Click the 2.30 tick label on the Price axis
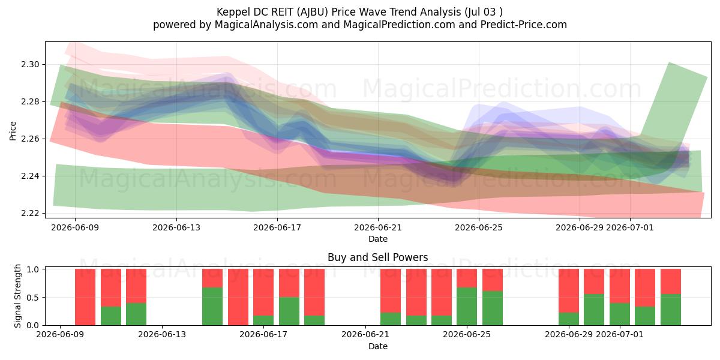(x=30, y=65)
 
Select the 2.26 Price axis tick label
(x=30, y=139)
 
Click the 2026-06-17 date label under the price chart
(x=277, y=227)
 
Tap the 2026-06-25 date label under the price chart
(x=479, y=227)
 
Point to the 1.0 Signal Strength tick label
(x=33, y=269)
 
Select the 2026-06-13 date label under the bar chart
(x=161, y=334)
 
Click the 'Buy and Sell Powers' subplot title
(x=377, y=257)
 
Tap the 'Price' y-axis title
(x=13, y=131)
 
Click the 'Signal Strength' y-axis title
(x=17, y=296)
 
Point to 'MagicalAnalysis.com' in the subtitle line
(x=266, y=25)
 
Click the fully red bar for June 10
(x=85, y=297)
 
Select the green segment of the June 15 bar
(x=212, y=307)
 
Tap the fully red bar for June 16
(x=238, y=297)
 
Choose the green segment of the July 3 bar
(x=671, y=310)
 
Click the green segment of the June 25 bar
(x=493, y=308)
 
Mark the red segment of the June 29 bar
(x=569, y=291)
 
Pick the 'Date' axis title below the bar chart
(x=377, y=346)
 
